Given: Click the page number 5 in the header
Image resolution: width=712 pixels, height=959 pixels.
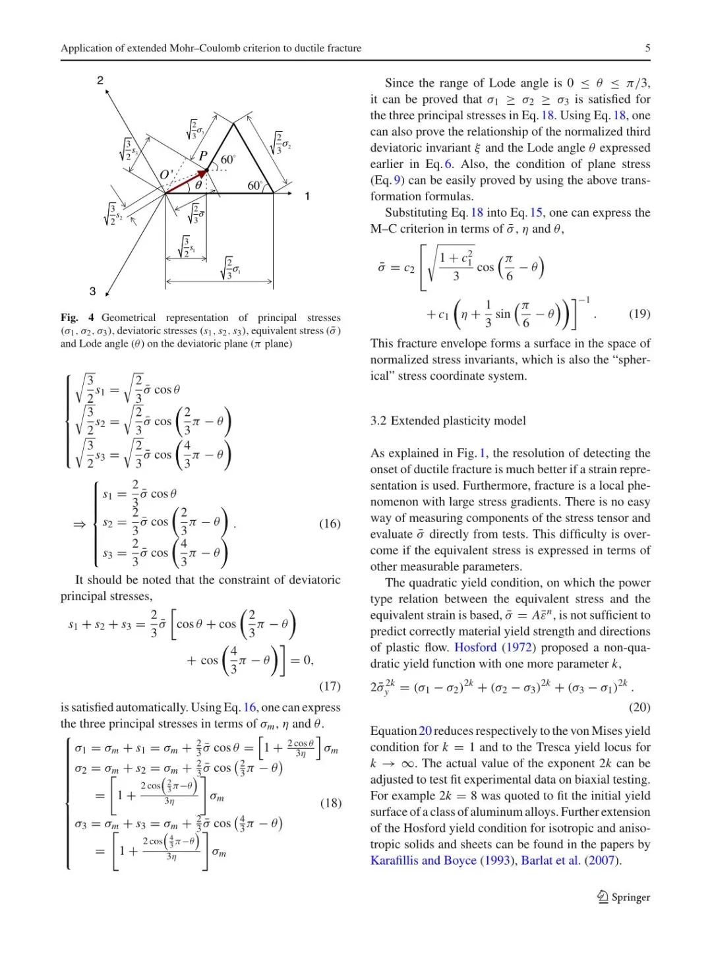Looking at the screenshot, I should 647,48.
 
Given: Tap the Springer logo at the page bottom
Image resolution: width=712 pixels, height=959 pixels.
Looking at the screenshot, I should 623,897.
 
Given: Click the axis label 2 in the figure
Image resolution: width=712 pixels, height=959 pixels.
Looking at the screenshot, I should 100,80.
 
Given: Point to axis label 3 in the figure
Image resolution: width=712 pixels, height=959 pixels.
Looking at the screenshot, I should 93,291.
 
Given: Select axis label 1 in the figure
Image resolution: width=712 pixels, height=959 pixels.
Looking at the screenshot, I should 307,196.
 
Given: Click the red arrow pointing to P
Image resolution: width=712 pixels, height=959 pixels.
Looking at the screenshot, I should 187,181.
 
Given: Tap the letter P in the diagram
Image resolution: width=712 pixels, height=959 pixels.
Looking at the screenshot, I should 203,156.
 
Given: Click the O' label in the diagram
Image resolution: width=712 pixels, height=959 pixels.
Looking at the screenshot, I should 166,175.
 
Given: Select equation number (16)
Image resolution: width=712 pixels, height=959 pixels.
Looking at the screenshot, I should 330,523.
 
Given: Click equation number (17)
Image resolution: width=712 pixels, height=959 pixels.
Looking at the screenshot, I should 330,686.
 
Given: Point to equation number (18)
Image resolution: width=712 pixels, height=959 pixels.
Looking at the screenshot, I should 330,803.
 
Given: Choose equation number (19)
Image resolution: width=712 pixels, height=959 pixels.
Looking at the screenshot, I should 639,313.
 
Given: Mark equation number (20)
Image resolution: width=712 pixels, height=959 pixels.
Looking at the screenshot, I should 639,707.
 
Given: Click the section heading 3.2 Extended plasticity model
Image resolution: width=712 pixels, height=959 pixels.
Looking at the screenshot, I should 448,421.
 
